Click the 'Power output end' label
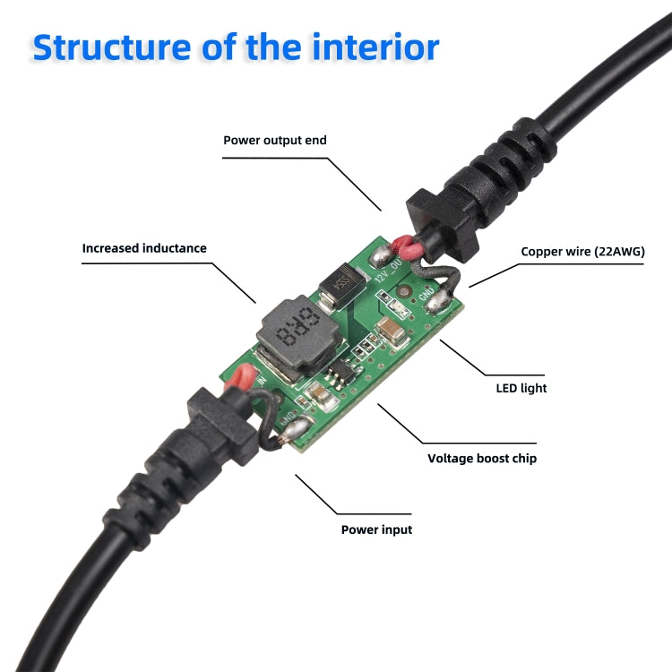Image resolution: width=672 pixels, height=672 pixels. [x=275, y=141]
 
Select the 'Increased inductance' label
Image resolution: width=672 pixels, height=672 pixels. [x=144, y=248]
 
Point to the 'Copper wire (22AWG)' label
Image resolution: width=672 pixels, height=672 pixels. [x=582, y=252]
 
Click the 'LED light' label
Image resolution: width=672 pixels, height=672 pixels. [x=521, y=388]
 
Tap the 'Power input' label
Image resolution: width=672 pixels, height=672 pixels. [x=376, y=530]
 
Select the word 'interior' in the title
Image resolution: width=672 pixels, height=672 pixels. [x=375, y=47]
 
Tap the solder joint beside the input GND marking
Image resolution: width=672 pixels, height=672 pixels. [x=290, y=435]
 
